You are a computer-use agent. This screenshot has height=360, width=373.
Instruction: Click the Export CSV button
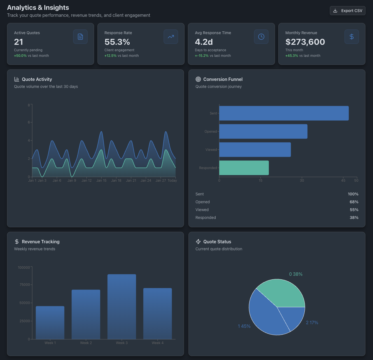348,11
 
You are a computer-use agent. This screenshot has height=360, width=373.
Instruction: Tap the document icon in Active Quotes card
80,37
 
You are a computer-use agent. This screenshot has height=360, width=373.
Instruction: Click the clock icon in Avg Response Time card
261,37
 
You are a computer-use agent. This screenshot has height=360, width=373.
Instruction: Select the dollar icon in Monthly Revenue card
351,37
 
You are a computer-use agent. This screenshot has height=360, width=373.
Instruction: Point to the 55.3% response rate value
117,42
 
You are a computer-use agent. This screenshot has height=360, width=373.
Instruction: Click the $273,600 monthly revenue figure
305,42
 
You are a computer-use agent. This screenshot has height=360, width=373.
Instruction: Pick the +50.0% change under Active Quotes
20,56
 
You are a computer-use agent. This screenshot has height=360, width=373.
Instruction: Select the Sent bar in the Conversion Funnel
284,113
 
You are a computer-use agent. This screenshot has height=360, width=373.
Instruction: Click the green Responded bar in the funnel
244,168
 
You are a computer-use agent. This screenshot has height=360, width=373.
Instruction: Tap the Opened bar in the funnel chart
263,132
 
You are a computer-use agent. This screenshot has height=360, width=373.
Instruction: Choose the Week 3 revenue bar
122,307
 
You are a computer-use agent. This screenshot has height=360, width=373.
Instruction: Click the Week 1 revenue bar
50,322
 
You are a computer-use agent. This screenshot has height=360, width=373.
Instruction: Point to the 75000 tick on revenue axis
24,285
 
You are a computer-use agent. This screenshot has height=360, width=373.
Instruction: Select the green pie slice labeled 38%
283,293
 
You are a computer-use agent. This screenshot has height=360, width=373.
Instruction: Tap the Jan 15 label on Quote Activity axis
101,181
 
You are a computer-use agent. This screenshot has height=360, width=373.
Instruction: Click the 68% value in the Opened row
354,202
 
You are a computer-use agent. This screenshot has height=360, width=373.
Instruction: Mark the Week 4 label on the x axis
157,343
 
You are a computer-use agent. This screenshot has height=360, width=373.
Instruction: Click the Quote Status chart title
217,242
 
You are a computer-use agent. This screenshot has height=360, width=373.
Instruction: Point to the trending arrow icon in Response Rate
171,37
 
